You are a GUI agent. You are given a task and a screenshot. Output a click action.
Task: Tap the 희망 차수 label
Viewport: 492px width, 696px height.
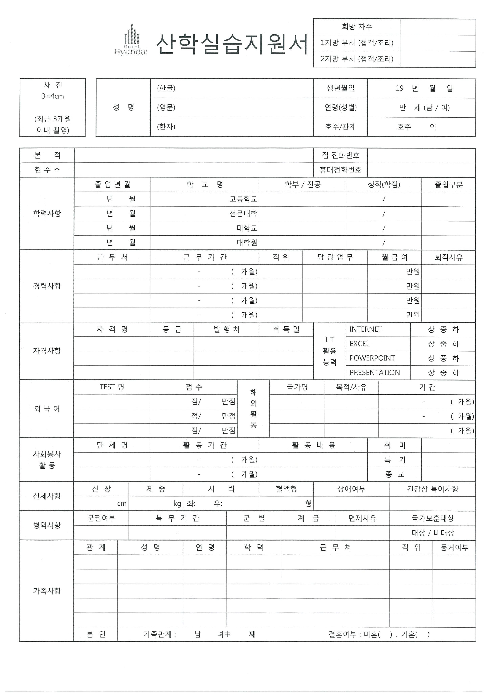point(357,27)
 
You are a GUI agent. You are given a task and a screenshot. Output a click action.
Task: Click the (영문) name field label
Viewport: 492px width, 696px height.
point(166,107)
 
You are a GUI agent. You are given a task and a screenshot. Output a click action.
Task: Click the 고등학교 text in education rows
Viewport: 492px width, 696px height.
point(243,199)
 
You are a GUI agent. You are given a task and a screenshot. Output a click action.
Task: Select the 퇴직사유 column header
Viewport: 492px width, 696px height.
point(448,257)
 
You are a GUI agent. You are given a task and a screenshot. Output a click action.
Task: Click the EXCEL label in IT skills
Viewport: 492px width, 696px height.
point(359,344)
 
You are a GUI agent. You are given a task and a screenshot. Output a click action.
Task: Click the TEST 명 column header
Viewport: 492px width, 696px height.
point(112,387)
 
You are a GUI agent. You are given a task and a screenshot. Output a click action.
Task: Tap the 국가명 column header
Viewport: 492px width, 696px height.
point(297,387)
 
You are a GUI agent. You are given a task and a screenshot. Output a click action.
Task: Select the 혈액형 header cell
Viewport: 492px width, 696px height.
point(286,489)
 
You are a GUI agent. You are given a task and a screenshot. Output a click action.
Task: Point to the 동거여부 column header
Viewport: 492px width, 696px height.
point(454,547)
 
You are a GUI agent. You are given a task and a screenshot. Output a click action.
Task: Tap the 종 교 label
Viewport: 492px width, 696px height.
point(394,474)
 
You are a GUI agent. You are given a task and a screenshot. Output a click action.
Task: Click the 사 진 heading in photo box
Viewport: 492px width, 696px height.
point(53,85)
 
